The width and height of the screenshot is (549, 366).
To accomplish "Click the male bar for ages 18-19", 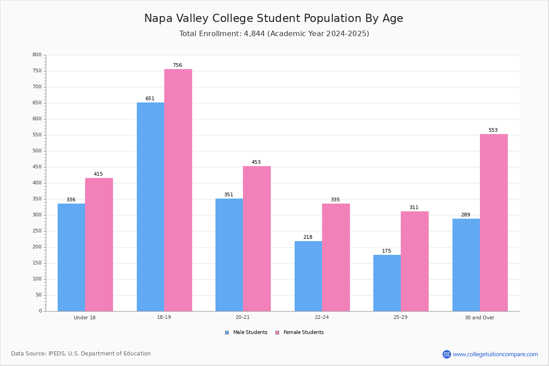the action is pyautogui.click(x=151, y=207).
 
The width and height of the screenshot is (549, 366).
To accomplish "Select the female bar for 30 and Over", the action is pyautogui.click(x=494, y=223).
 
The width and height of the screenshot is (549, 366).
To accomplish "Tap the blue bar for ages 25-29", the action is pyautogui.click(x=387, y=283).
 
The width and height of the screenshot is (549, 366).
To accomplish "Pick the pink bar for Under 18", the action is pyautogui.click(x=99, y=245).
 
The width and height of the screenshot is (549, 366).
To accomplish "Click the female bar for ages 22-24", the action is pyautogui.click(x=336, y=258).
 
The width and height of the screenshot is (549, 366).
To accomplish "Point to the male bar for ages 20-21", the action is pyautogui.click(x=229, y=255).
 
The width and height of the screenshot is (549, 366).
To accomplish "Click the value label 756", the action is pyautogui.click(x=178, y=65).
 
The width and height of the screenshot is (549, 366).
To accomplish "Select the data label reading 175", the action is pyautogui.click(x=387, y=251).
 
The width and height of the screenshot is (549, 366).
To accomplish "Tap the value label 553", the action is pyautogui.click(x=493, y=130).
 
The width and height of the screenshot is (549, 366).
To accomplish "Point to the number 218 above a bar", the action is pyautogui.click(x=308, y=237).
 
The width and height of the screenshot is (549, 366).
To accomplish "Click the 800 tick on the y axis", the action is pyautogui.click(x=37, y=54).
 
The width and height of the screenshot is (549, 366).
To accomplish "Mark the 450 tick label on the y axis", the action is pyautogui.click(x=37, y=167).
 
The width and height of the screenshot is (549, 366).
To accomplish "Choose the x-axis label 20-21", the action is pyautogui.click(x=242, y=317).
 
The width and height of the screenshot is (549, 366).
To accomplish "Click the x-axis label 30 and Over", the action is pyautogui.click(x=479, y=318).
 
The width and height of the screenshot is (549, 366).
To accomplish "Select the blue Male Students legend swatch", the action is pyautogui.click(x=227, y=333).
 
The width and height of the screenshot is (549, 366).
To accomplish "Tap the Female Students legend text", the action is pyautogui.click(x=304, y=332).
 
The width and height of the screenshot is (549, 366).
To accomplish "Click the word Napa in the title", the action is pyautogui.click(x=158, y=18).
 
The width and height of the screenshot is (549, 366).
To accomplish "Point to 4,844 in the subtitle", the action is pyautogui.click(x=254, y=33).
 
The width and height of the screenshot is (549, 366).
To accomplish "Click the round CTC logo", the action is pyautogui.click(x=447, y=354).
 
